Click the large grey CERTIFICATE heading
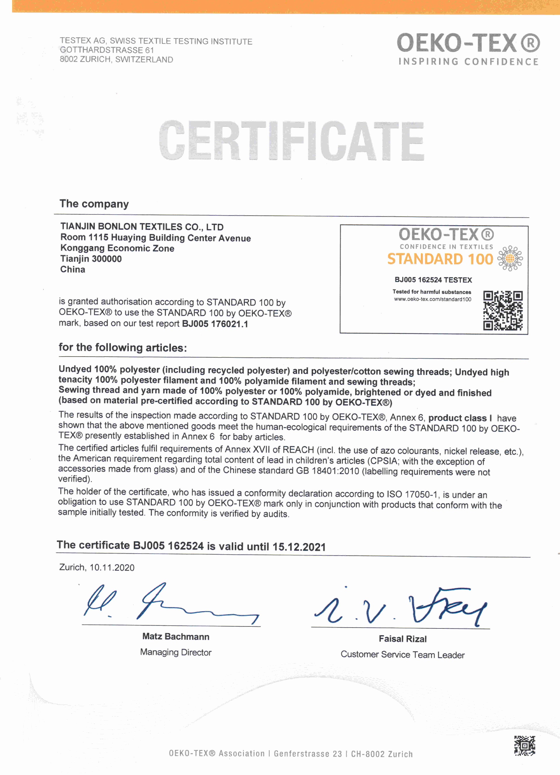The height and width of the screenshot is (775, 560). click(291, 140)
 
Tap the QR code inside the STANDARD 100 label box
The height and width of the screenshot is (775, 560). click(503, 310)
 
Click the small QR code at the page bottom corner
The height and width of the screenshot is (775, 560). click(524, 745)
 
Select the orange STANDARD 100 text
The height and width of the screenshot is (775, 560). click(440, 259)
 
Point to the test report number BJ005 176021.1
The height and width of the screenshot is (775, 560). click(215, 324)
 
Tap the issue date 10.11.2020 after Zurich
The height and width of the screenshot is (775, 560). click(112, 568)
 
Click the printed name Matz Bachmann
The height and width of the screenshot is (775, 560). click(176, 636)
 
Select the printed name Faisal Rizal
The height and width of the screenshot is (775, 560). click(402, 639)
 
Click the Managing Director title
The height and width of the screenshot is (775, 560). click(176, 652)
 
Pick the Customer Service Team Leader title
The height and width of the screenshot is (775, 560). click(402, 655)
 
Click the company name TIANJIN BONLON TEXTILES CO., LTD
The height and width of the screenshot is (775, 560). click(142, 227)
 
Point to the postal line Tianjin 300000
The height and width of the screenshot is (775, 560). click(91, 259)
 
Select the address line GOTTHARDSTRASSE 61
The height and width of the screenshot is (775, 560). click(107, 50)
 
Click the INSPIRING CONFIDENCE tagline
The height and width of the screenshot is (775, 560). click(468, 62)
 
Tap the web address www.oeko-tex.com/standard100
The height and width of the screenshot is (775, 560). click(433, 299)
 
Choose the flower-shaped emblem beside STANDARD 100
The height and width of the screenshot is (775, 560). click(510, 258)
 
